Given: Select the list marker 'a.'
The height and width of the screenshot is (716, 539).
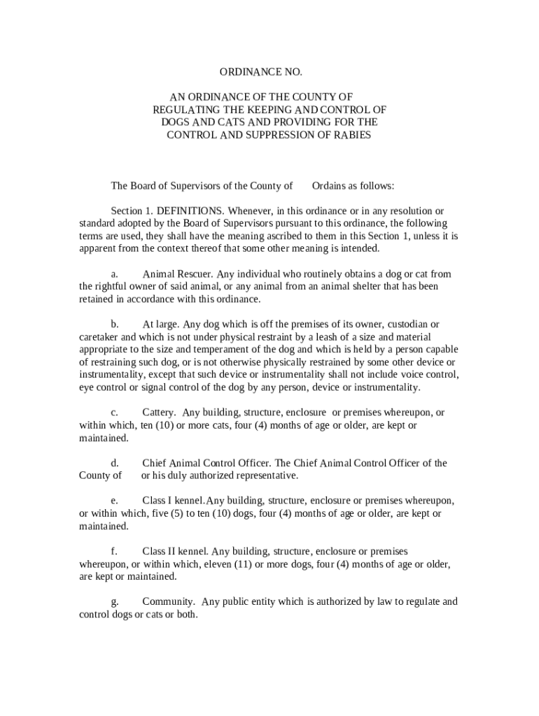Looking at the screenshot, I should click(114, 273).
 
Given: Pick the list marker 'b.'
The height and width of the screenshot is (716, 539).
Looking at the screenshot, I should click(115, 324).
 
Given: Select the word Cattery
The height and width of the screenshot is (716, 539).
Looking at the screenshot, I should click(159, 413).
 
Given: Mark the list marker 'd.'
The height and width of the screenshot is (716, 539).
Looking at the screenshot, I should click(115, 463).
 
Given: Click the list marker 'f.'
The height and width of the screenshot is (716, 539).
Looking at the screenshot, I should click(114, 551).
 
